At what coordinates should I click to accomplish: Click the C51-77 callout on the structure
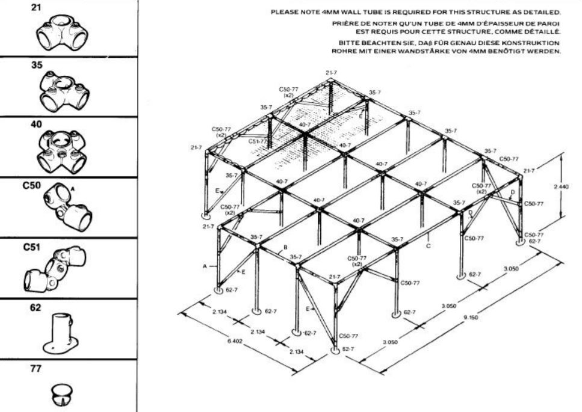coord(258,141)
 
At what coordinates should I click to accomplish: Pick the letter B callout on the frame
coord(285,247)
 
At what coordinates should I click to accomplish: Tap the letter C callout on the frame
coord(427,244)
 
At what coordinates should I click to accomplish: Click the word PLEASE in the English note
coord(283,12)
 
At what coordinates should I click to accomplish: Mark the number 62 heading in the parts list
coord(36,307)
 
